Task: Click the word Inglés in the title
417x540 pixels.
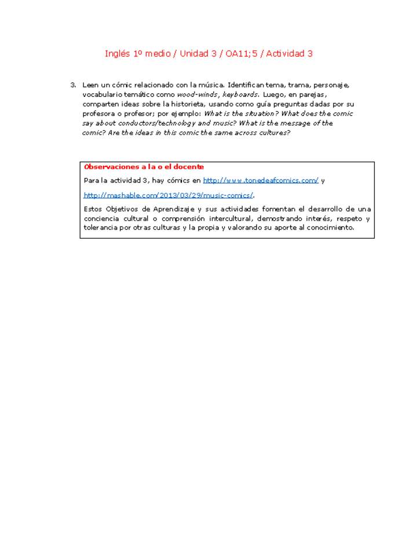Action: (x=118, y=54)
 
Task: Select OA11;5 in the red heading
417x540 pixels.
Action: (x=244, y=54)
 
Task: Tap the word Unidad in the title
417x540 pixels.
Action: (x=195, y=54)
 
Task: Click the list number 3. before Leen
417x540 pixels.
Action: (x=74, y=85)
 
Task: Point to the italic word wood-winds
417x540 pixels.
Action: (x=198, y=94)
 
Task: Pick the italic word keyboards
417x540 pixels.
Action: (x=240, y=94)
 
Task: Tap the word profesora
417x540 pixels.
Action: (x=99, y=114)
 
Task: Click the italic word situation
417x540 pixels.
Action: (x=261, y=114)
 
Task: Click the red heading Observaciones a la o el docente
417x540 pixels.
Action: (x=144, y=167)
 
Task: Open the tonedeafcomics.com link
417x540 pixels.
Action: (x=260, y=181)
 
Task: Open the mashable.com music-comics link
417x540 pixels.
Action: (x=169, y=195)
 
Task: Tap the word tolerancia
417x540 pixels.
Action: (x=103, y=228)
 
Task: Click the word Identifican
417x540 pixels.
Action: (x=248, y=85)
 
